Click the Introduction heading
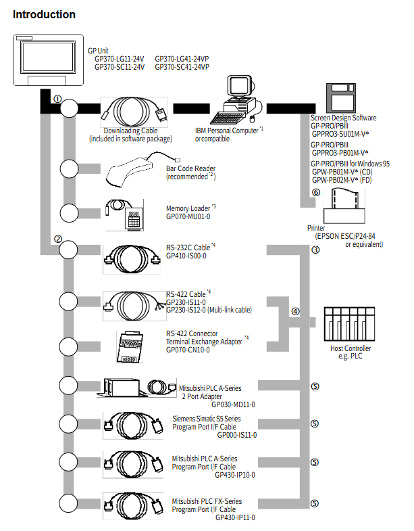pos(44,15)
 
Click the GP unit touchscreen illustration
pos(48,60)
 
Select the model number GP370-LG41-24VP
pos(182,59)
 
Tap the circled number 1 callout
pos(57,99)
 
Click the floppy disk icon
pos(340,98)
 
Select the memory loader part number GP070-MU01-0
pos(188,216)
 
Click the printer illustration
pos(344,206)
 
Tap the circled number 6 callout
pos(316,192)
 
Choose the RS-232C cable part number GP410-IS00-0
pos(186,256)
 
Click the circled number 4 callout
pos(295,311)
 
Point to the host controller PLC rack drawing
pos(349,324)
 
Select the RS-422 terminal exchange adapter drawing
pos(130,347)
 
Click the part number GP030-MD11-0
pos(233,405)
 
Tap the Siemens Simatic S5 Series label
pos(207,419)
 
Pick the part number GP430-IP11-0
pos(235,517)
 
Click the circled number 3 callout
pos(315,250)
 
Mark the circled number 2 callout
pos(58,239)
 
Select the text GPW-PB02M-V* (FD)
pos(342,180)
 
